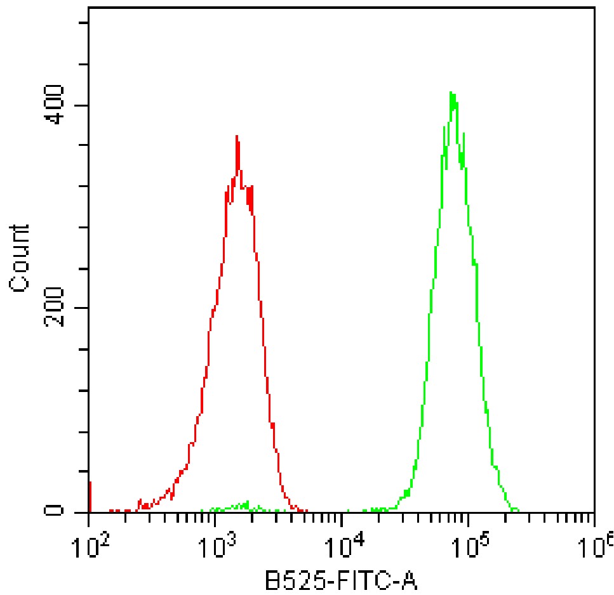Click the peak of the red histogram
click(237, 136)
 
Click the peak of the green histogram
click(451, 93)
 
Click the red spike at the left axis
click(90, 495)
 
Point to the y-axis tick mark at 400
click(83, 105)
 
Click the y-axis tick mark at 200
click(83, 308)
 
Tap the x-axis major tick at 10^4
click(342, 520)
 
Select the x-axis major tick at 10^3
click(215, 520)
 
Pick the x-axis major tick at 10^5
click(468, 520)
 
